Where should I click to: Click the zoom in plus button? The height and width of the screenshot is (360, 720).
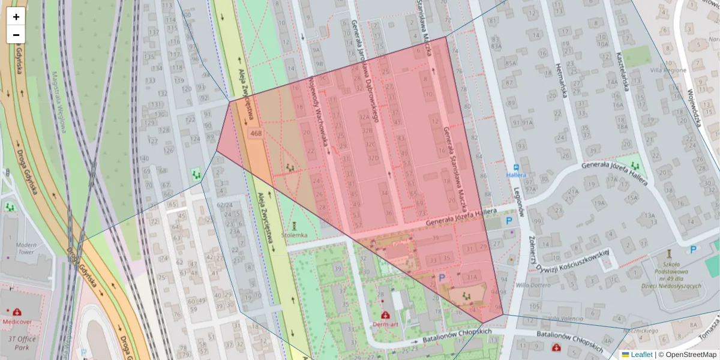(16, 16)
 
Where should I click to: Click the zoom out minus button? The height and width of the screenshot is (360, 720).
(16, 35)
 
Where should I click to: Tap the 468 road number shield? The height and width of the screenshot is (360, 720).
(256, 133)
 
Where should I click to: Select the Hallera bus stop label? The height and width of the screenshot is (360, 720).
(516, 175)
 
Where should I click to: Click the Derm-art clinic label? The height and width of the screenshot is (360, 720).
(385, 325)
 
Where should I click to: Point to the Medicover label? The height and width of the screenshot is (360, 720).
(17, 320)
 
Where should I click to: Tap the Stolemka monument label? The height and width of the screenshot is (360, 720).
(294, 235)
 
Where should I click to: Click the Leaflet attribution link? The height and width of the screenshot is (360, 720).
(641, 355)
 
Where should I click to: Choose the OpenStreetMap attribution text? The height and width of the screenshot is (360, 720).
(690, 355)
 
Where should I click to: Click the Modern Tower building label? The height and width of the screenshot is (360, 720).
(26, 249)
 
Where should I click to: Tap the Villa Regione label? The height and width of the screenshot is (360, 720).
(672, 70)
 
